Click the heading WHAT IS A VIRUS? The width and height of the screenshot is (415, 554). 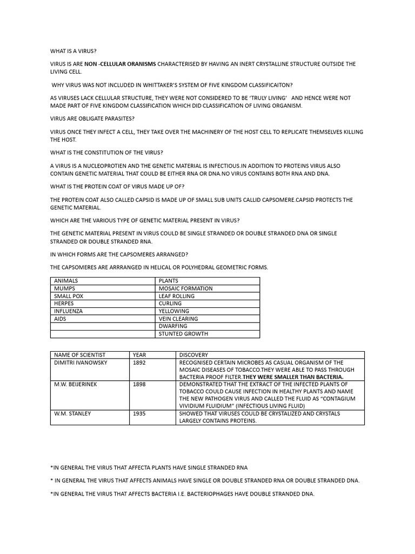73,51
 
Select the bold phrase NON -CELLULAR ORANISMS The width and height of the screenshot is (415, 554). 120,64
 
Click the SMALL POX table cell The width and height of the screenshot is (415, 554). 69,296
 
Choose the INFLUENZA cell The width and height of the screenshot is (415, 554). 69,311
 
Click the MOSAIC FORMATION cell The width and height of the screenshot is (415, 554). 185,288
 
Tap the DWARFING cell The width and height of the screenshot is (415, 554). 173,326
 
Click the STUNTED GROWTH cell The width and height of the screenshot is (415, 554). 183,334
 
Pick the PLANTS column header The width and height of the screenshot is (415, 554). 169,281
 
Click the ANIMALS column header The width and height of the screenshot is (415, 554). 66,281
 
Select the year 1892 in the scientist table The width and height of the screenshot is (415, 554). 139,362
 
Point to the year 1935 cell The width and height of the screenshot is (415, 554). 139,413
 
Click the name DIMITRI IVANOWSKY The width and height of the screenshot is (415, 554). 81,362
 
